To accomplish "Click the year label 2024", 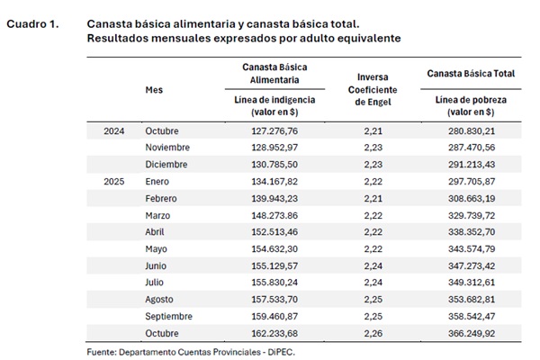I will click(x=113, y=131).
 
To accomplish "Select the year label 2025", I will click(x=113, y=182).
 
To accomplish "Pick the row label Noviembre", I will click(x=167, y=148).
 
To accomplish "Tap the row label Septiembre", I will click(x=170, y=316).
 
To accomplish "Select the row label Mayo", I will click(x=157, y=248).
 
